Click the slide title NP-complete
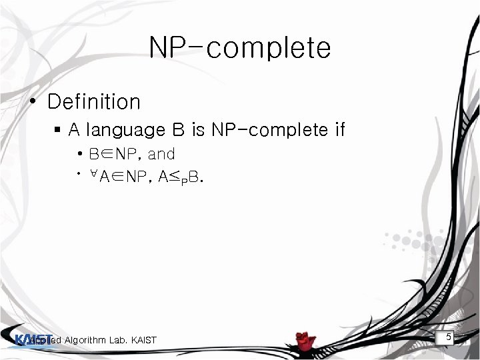[239, 48]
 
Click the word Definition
[94, 102]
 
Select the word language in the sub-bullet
[118, 130]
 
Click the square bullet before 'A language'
[59, 129]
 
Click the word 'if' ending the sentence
[339, 129]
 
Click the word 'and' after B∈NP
[161, 155]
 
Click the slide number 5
[449, 338]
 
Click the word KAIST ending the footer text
[143, 341]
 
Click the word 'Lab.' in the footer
[121, 341]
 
